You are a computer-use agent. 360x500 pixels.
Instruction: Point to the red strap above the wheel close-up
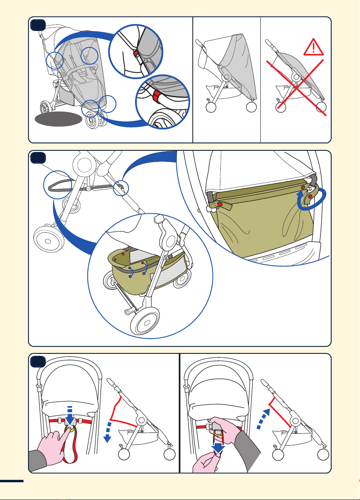pyautogui.click(x=157, y=98)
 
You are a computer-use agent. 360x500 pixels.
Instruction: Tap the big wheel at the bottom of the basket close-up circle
pyautogui.click(x=141, y=321)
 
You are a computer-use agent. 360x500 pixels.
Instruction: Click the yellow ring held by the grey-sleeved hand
pyautogui.click(x=219, y=432)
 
